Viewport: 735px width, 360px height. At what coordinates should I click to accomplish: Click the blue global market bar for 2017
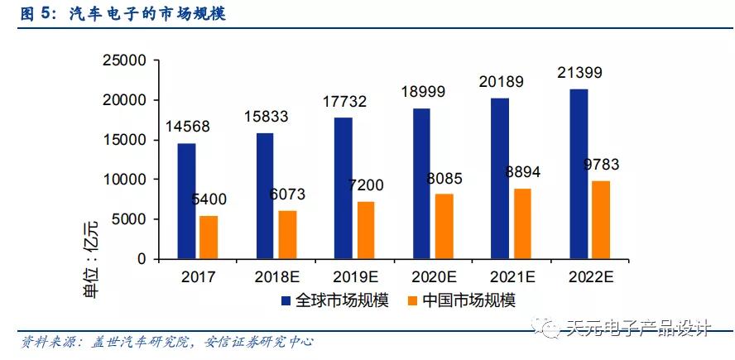tap(186, 201)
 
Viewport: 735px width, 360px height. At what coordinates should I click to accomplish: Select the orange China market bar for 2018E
tap(287, 234)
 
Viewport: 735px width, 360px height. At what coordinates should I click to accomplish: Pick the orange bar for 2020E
tap(444, 226)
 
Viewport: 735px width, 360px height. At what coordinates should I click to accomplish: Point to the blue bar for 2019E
tap(343, 188)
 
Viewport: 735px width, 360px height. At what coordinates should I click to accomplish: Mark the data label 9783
tap(601, 164)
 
